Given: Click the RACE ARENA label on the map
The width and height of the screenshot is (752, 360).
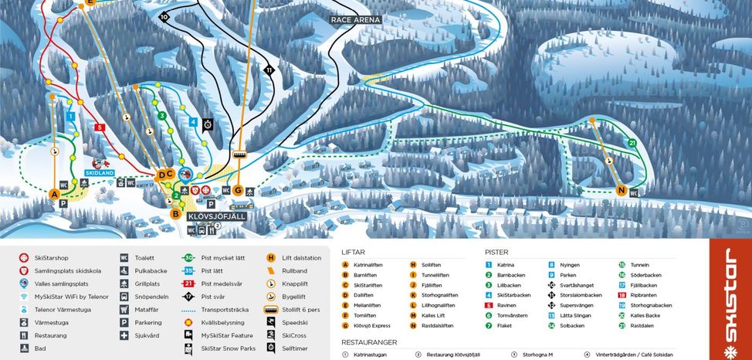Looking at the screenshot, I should pos(356,19).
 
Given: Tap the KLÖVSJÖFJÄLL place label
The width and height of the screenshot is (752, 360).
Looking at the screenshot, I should pos(215,217).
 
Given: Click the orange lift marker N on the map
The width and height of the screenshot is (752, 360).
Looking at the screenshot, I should pos(621,191).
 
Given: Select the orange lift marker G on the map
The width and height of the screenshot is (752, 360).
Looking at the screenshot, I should pos(238,190).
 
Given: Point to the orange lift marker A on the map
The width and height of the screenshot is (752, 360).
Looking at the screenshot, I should pos(53,194).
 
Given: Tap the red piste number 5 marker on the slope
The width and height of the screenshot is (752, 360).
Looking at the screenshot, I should pos(99,127).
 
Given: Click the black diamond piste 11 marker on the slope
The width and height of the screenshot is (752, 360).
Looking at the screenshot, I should pos(269,70).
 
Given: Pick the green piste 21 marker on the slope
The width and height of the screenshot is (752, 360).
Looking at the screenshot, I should pos(632,143).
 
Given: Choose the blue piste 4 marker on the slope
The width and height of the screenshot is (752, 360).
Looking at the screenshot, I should pos(193,121).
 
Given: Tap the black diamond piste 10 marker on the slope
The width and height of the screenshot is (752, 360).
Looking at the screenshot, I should pos(164,16).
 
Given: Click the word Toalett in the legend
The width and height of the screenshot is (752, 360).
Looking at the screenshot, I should pos(144,258).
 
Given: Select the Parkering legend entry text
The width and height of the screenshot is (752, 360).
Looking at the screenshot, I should pos(148,323).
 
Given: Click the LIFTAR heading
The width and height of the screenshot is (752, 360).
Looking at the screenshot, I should pos(353,252).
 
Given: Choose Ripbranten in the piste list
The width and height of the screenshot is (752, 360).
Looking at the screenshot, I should pos(645,295).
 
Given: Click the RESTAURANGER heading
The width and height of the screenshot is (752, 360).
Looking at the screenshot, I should pos(369,341).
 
